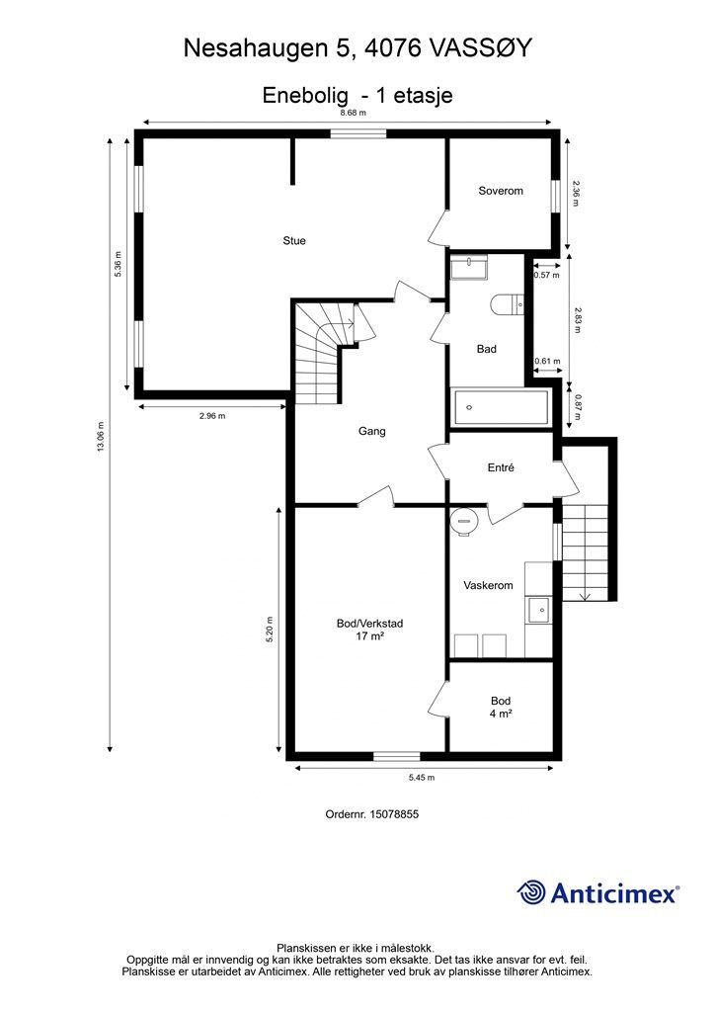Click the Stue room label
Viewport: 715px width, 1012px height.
click(294, 241)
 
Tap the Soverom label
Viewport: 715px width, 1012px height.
click(501, 191)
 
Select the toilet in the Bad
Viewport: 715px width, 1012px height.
click(507, 303)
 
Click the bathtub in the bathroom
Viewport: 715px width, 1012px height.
click(501, 407)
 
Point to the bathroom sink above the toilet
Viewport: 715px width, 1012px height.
click(469, 267)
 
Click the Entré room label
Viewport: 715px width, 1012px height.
click(501, 467)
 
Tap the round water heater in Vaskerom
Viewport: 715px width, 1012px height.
click(464, 521)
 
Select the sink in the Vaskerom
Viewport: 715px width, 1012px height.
click(539, 610)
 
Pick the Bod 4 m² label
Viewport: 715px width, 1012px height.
click(501, 708)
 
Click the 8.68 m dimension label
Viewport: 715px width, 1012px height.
click(354, 113)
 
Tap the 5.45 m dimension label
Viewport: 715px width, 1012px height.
click(422, 778)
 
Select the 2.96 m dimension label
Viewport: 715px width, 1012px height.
click(212, 416)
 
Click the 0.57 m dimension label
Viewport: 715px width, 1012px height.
click(547, 275)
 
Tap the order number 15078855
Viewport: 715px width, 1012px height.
click(394, 814)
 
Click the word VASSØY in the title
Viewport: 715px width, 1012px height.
click(481, 48)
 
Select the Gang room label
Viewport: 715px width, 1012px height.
click(372, 431)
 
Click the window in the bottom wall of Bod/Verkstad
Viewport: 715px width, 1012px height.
click(396, 756)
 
